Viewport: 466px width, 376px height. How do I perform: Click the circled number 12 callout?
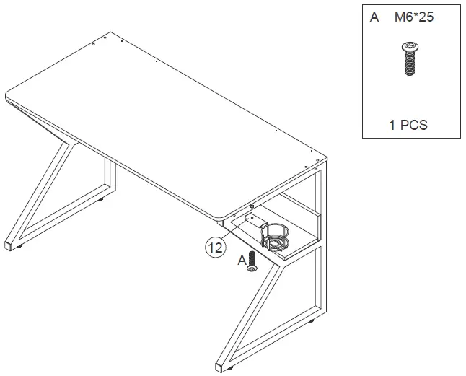coord(214,248)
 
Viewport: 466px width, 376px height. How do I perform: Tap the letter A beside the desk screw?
coord(242,261)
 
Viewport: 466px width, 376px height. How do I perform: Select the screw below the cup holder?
coord(252,261)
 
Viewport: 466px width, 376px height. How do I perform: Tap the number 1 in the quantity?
coord(392,125)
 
